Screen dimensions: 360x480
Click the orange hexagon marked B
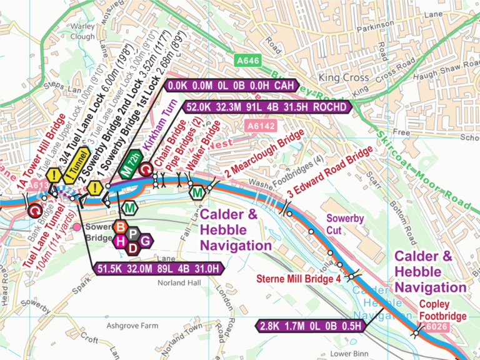pos(122,227)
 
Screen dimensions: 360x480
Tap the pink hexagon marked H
pos(120,241)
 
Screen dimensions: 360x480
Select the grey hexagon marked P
pos(133,234)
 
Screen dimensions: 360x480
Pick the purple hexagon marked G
pos(146,241)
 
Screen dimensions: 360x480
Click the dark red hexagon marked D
pos(132,248)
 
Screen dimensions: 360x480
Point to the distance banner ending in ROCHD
pos(267,107)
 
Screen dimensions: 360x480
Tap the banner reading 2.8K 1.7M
pos(311,325)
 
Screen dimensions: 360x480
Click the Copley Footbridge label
pos(442,311)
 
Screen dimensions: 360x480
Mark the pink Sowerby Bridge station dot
pos(77,226)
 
